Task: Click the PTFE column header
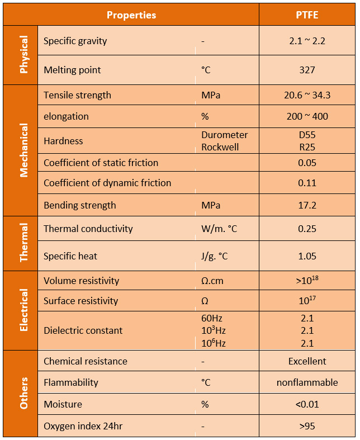tap(307, 15)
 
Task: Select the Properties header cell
tap(131, 15)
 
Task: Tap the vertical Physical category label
tap(23, 55)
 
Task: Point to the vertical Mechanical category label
tap(23, 150)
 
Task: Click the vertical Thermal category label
tap(23, 243)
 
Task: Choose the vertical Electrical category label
tap(23, 310)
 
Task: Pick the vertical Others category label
tap(23, 393)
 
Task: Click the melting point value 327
tap(307, 70)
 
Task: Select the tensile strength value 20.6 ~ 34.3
tap(307, 95)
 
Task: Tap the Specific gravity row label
tap(75, 41)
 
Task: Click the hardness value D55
tap(307, 135)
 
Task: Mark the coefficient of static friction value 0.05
tap(307, 163)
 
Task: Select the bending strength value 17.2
tap(307, 205)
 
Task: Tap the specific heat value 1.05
tap(307, 256)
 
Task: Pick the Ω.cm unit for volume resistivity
tap(212, 281)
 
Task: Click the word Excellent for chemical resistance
tap(307, 361)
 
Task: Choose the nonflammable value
tap(307, 382)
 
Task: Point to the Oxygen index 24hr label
tap(83, 427)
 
